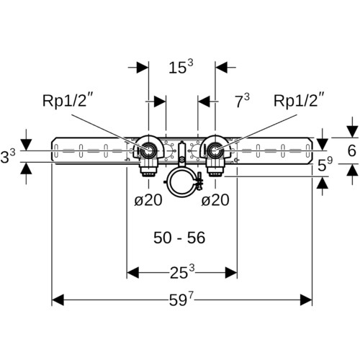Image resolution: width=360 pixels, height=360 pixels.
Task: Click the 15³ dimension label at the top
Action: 181,67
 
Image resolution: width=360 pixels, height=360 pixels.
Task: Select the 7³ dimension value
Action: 242,101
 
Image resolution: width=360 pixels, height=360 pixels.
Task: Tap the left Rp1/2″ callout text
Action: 67,100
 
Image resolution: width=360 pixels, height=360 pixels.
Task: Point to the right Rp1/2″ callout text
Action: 299,100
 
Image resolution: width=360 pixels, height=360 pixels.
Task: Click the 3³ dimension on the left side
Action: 8,156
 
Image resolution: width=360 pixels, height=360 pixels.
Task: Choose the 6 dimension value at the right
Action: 352,150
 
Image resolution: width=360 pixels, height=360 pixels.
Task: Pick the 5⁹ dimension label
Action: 325,164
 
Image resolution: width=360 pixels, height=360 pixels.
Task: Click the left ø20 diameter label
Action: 148,200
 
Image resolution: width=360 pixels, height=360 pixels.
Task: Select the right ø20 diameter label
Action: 215,200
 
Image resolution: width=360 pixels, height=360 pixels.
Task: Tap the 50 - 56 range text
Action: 179,238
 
